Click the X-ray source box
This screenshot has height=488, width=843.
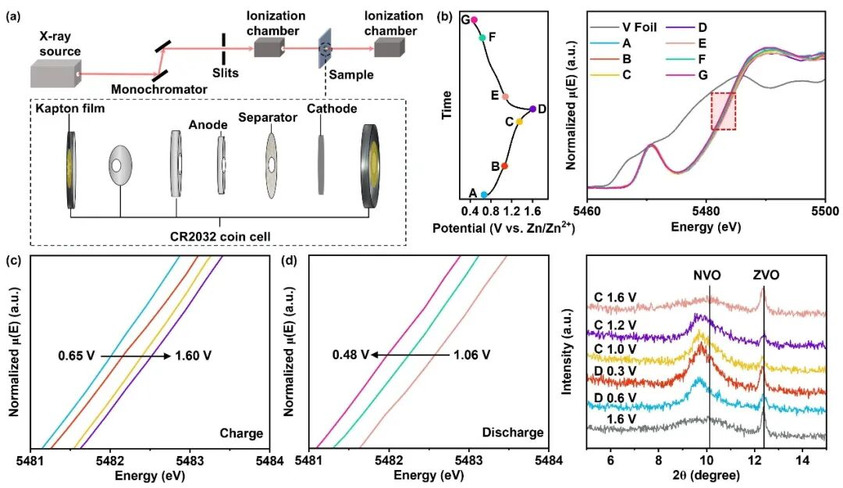[x=55, y=73]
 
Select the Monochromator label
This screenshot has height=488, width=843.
[x=159, y=89]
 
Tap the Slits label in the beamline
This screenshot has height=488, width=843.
[x=226, y=73]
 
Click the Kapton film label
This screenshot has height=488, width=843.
[x=70, y=109]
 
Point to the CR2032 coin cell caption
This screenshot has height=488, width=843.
[x=220, y=237]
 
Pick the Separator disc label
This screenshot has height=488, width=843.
[x=268, y=117]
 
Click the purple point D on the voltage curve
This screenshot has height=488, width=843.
[x=532, y=109]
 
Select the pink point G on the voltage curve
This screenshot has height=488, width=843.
[x=474, y=20]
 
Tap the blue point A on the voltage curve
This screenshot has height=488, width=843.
[x=484, y=194]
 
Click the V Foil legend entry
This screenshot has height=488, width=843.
[x=624, y=27]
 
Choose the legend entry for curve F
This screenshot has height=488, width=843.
[x=685, y=59]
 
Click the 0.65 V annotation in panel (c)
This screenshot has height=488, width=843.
[x=76, y=355]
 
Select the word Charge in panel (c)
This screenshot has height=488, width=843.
[x=241, y=433]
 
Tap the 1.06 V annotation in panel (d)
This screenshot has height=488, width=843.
[x=471, y=355]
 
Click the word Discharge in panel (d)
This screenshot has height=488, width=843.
[x=513, y=433]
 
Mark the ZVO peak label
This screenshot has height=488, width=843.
[x=763, y=276]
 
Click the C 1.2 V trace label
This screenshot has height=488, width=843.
[x=615, y=325]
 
